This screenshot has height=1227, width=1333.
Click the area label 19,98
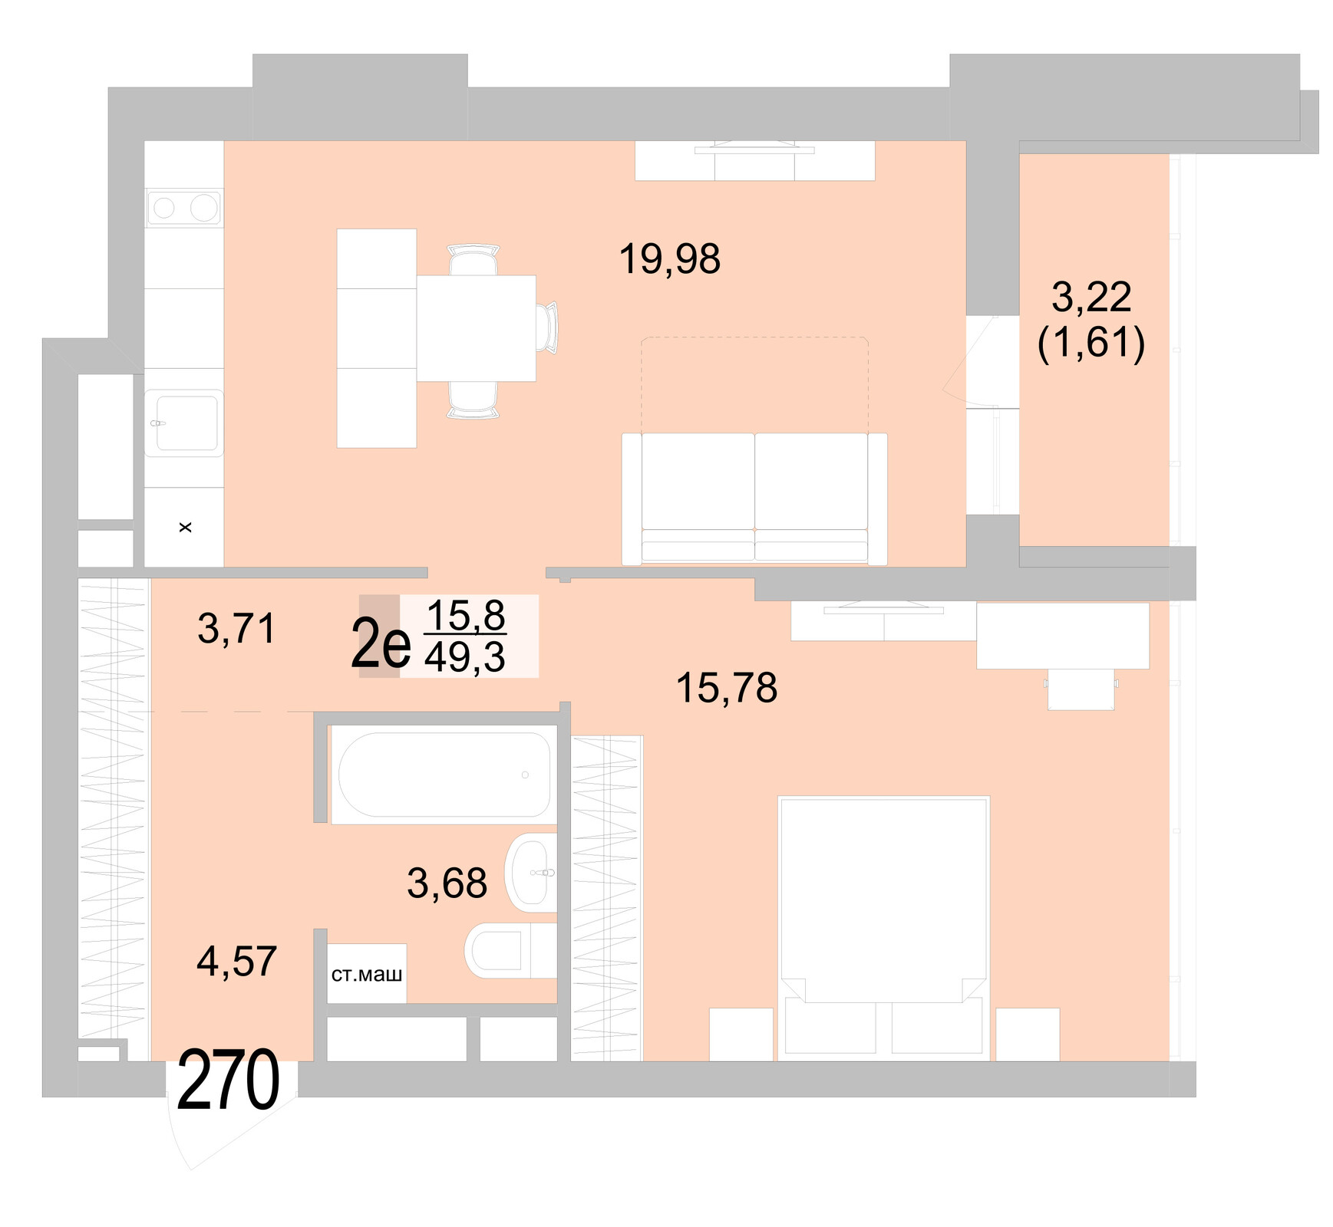pos(669,259)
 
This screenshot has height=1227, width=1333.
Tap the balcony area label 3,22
pos(1090,298)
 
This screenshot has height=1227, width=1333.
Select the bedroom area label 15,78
pos(726,688)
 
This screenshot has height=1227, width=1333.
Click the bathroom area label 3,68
pos(447,883)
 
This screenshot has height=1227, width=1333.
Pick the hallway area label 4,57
pos(236,962)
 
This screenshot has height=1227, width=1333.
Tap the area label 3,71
pos(236,630)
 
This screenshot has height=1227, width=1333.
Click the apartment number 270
pos(228,1081)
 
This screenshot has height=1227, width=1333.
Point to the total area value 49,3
pos(465,658)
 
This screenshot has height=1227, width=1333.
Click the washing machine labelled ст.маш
pos(367,974)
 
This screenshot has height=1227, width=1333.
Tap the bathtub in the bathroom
pos(444,775)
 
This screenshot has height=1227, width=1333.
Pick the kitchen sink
pos(184,423)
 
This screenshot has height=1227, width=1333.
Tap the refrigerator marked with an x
pos(184,528)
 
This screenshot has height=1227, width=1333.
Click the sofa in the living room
pos(754,498)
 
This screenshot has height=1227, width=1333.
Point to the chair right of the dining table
pos(548,328)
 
